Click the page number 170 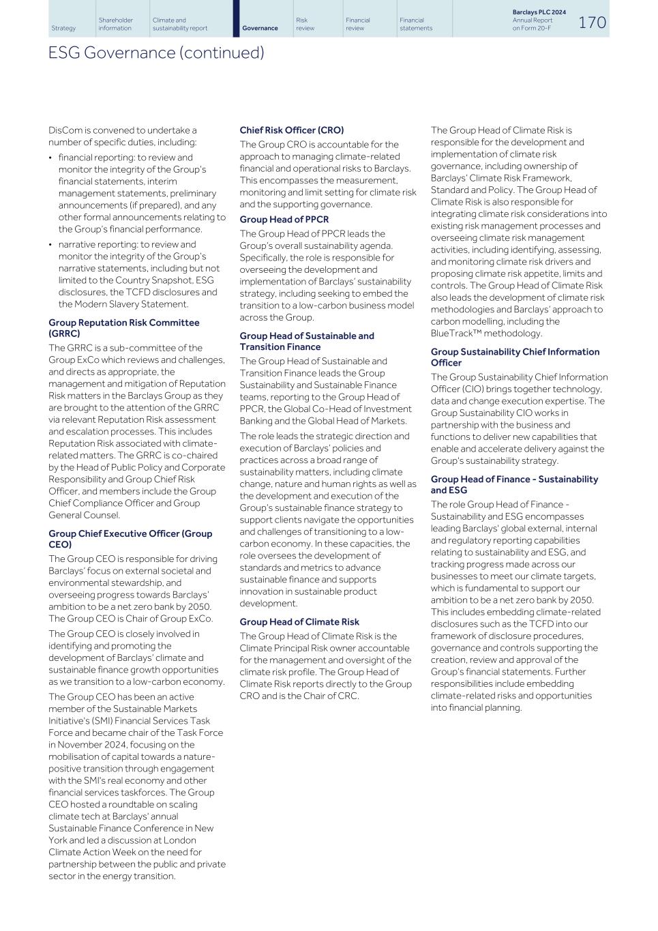(592, 23)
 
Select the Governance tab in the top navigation (260, 28)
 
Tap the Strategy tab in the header (63, 28)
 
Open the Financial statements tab (416, 24)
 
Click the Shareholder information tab (116, 24)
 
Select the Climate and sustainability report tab (180, 24)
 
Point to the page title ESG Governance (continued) (156, 53)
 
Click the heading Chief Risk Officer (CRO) (291, 130)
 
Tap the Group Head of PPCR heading (284, 220)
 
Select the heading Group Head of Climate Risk (299, 622)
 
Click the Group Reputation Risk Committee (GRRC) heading (123, 328)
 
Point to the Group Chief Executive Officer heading (130, 539)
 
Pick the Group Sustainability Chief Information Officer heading (515, 357)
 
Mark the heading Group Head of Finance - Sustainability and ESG (514, 485)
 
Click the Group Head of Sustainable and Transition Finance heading (306, 341)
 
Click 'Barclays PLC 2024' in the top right (539, 12)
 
